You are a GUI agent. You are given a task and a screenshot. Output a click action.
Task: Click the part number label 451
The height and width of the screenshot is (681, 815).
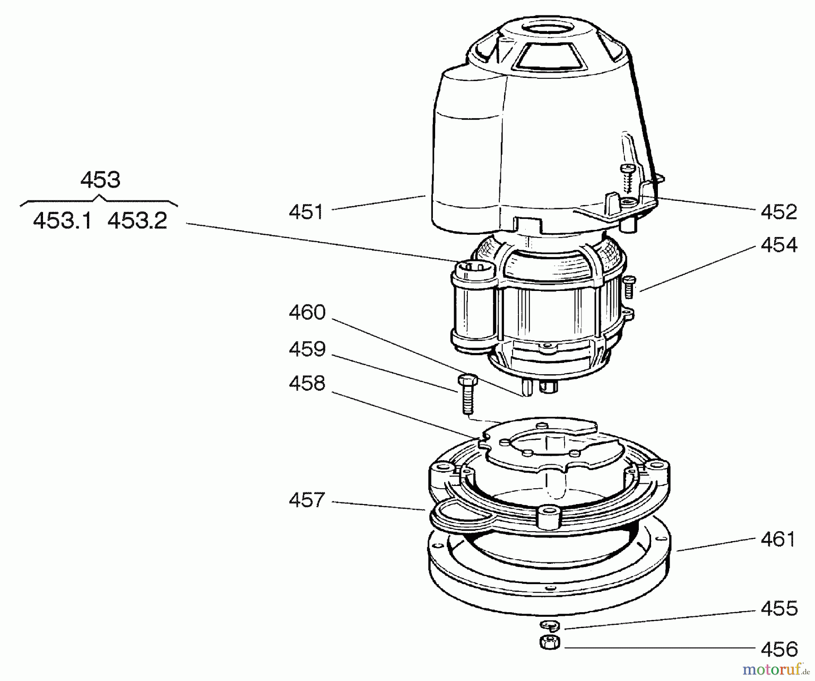click(307, 212)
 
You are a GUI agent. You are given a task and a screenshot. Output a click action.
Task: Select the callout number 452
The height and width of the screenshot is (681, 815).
click(778, 212)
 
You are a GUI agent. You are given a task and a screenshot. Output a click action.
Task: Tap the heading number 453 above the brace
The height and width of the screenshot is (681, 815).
click(100, 180)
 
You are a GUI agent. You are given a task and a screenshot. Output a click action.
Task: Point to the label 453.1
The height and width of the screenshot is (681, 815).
click(62, 221)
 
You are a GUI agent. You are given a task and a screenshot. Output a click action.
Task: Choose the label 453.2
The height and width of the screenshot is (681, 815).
click(137, 221)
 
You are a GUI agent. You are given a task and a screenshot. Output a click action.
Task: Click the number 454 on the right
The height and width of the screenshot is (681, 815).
click(778, 245)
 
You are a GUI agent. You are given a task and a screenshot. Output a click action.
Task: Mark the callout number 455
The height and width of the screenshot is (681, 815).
click(779, 609)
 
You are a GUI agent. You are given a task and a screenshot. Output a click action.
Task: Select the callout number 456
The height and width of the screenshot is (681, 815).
click(779, 649)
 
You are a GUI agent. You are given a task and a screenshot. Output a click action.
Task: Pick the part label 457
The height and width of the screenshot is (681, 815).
click(307, 500)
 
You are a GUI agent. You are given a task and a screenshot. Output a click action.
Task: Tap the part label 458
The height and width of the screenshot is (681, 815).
click(307, 384)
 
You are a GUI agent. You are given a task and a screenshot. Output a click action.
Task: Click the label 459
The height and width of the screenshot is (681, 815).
click(307, 349)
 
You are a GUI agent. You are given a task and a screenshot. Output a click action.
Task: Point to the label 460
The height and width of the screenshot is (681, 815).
click(307, 313)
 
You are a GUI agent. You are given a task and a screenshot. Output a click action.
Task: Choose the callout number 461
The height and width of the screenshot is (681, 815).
click(778, 539)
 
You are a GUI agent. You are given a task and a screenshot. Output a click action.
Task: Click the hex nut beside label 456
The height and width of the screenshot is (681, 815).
click(550, 642)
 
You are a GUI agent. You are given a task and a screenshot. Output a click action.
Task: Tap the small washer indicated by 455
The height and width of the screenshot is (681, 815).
click(550, 625)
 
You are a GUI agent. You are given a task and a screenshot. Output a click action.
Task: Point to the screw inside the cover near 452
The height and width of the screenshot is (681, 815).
click(628, 177)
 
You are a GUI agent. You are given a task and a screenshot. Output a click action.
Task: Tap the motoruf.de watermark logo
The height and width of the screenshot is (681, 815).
click(776, 668)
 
